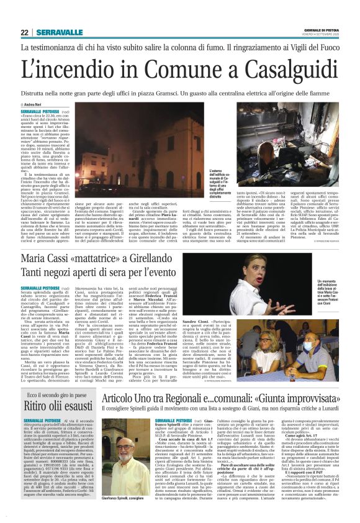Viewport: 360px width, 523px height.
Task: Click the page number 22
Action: coord(24,32)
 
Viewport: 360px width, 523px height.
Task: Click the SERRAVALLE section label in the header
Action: coord(60,32)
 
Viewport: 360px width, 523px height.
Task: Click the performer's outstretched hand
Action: coord(274,291)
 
